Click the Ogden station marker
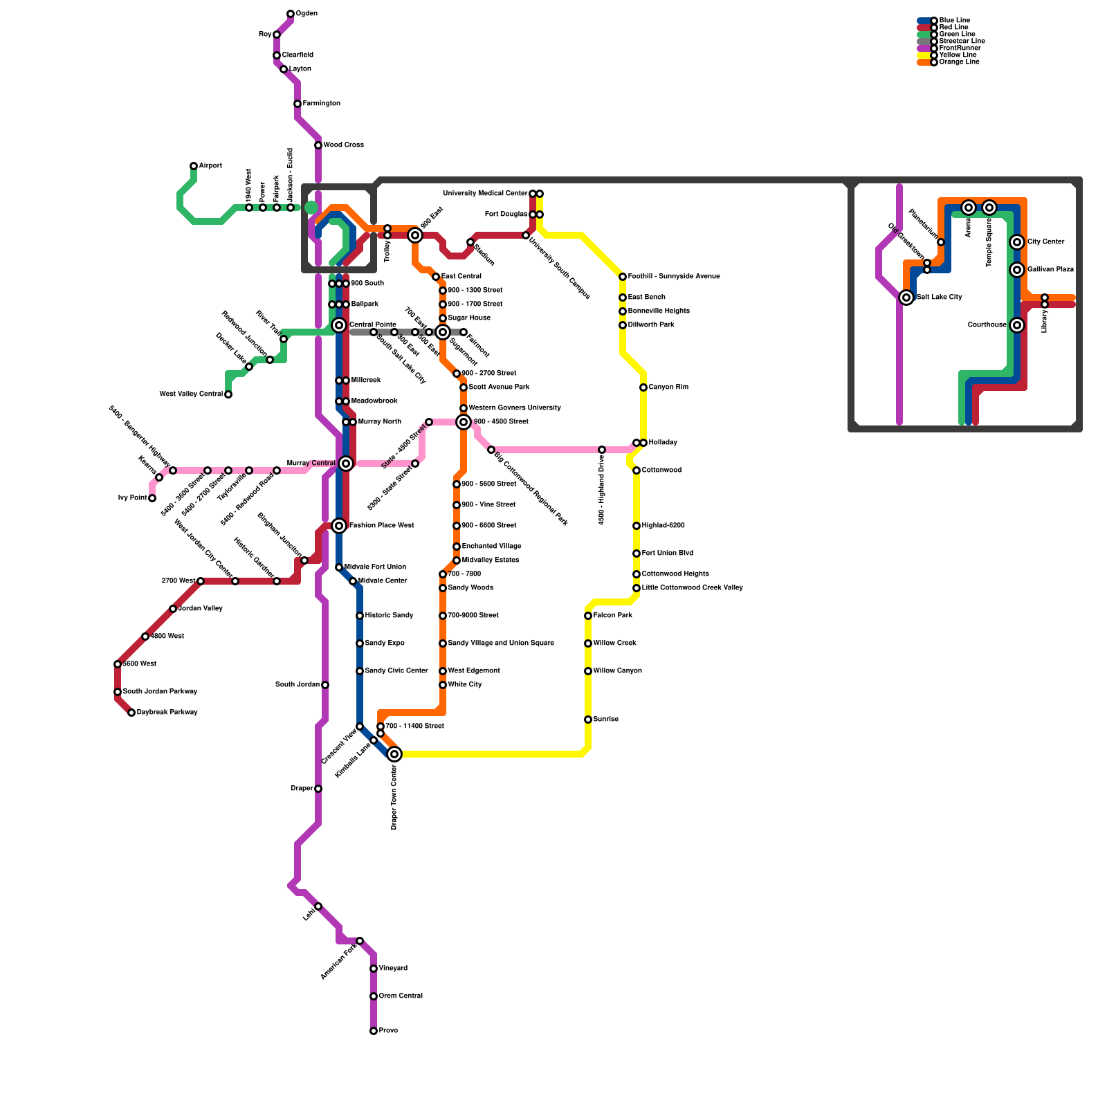point(291,14)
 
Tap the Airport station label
point(210,166)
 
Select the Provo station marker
point(374,1031)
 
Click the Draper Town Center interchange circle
point(394,754)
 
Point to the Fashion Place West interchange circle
point(339,526)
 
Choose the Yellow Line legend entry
point(958,55)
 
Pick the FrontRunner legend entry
point(960,48)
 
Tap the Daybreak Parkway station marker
point(131,713)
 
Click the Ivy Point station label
point(132,498)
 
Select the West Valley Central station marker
point(228,394)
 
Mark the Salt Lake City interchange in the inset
point(906,298)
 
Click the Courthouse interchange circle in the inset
point(1017,325)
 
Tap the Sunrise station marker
point(588,720)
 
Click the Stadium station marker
point(470,242)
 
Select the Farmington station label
point(322,104)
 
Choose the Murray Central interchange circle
point(346,464)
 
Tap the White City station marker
point(443,685)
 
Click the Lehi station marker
point(318,906)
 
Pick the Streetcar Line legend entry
point(962,42)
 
